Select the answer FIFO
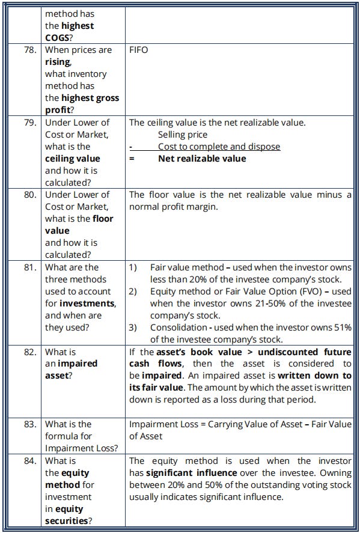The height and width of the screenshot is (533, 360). [139, 50]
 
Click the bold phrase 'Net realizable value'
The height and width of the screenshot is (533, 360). [202, 159]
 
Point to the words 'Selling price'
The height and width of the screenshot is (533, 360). [183, 135]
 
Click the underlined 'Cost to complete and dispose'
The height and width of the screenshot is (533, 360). [219, 147]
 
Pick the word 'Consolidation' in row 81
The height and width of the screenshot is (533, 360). [178, 327]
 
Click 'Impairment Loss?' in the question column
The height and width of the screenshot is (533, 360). [81, 448]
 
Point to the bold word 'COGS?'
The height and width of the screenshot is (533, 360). [59, 38]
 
